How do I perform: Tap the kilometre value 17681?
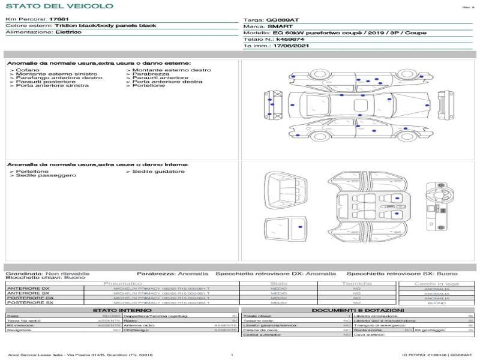(58, 20)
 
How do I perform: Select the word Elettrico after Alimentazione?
(68, 32)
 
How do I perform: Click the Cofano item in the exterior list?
(28, 70)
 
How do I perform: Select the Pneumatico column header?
(122, 283)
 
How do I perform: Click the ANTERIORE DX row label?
(29, 289)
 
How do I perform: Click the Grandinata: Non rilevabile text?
(47, 273)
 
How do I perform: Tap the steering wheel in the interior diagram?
(431, 196)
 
